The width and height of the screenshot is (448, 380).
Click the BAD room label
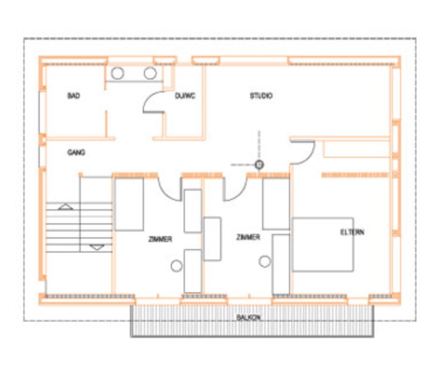74,96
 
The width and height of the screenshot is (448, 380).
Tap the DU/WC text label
185,96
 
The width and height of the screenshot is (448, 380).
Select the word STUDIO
261,96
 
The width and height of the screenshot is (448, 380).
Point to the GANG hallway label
76,153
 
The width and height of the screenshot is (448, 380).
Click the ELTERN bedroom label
352,232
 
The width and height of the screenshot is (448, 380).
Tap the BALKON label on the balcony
249,317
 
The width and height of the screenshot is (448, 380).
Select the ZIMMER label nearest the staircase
160,239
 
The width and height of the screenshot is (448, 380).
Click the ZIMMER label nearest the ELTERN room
248,237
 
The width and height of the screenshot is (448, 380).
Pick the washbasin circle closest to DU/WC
150,74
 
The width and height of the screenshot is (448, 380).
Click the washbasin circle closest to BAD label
118,74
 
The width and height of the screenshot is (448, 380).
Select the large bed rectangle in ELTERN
323,245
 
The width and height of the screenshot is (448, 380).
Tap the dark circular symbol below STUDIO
259,165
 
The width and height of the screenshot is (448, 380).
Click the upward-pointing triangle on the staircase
66,207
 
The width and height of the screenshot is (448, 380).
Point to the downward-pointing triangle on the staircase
97,247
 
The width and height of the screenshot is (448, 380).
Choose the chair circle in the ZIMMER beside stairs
177,266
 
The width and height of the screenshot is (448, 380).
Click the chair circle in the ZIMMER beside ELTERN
264,261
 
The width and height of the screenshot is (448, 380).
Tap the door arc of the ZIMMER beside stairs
165,194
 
